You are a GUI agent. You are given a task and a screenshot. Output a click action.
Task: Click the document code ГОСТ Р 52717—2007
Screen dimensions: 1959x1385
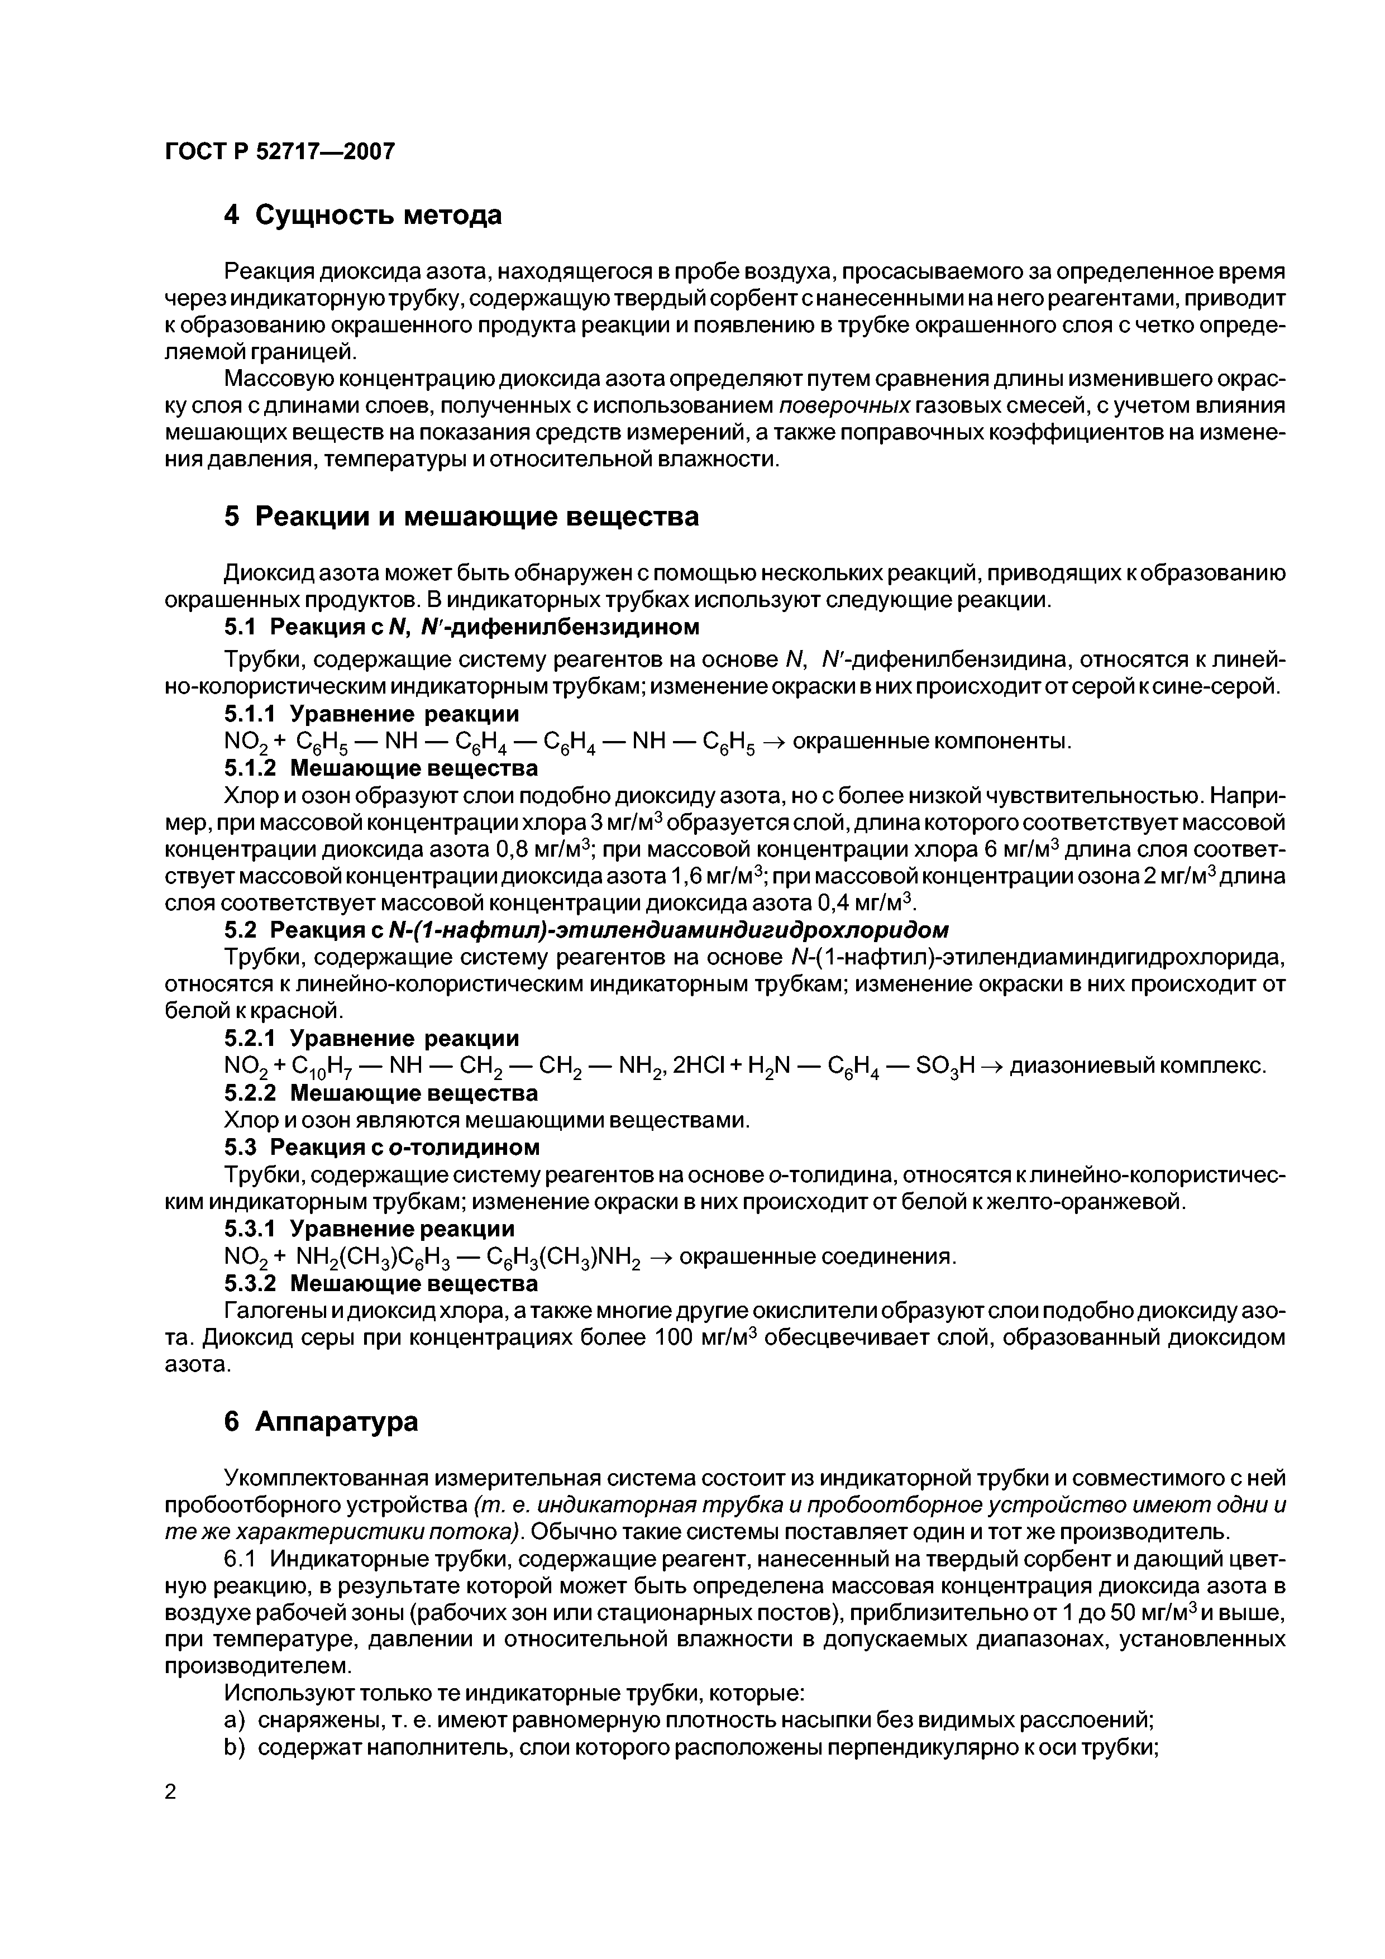(280, 151)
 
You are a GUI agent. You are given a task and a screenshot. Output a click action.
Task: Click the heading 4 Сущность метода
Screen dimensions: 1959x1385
(362, 215)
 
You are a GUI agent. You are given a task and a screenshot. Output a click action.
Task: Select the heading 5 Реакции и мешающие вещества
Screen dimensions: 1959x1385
(461, 516)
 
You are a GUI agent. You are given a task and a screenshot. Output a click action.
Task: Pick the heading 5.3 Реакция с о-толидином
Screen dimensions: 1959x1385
(381, 1146)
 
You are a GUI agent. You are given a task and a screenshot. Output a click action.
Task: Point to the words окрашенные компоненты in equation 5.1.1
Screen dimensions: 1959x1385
(931, 742)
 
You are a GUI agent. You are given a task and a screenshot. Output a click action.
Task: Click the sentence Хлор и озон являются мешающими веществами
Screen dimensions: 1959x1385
(486, 1120)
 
